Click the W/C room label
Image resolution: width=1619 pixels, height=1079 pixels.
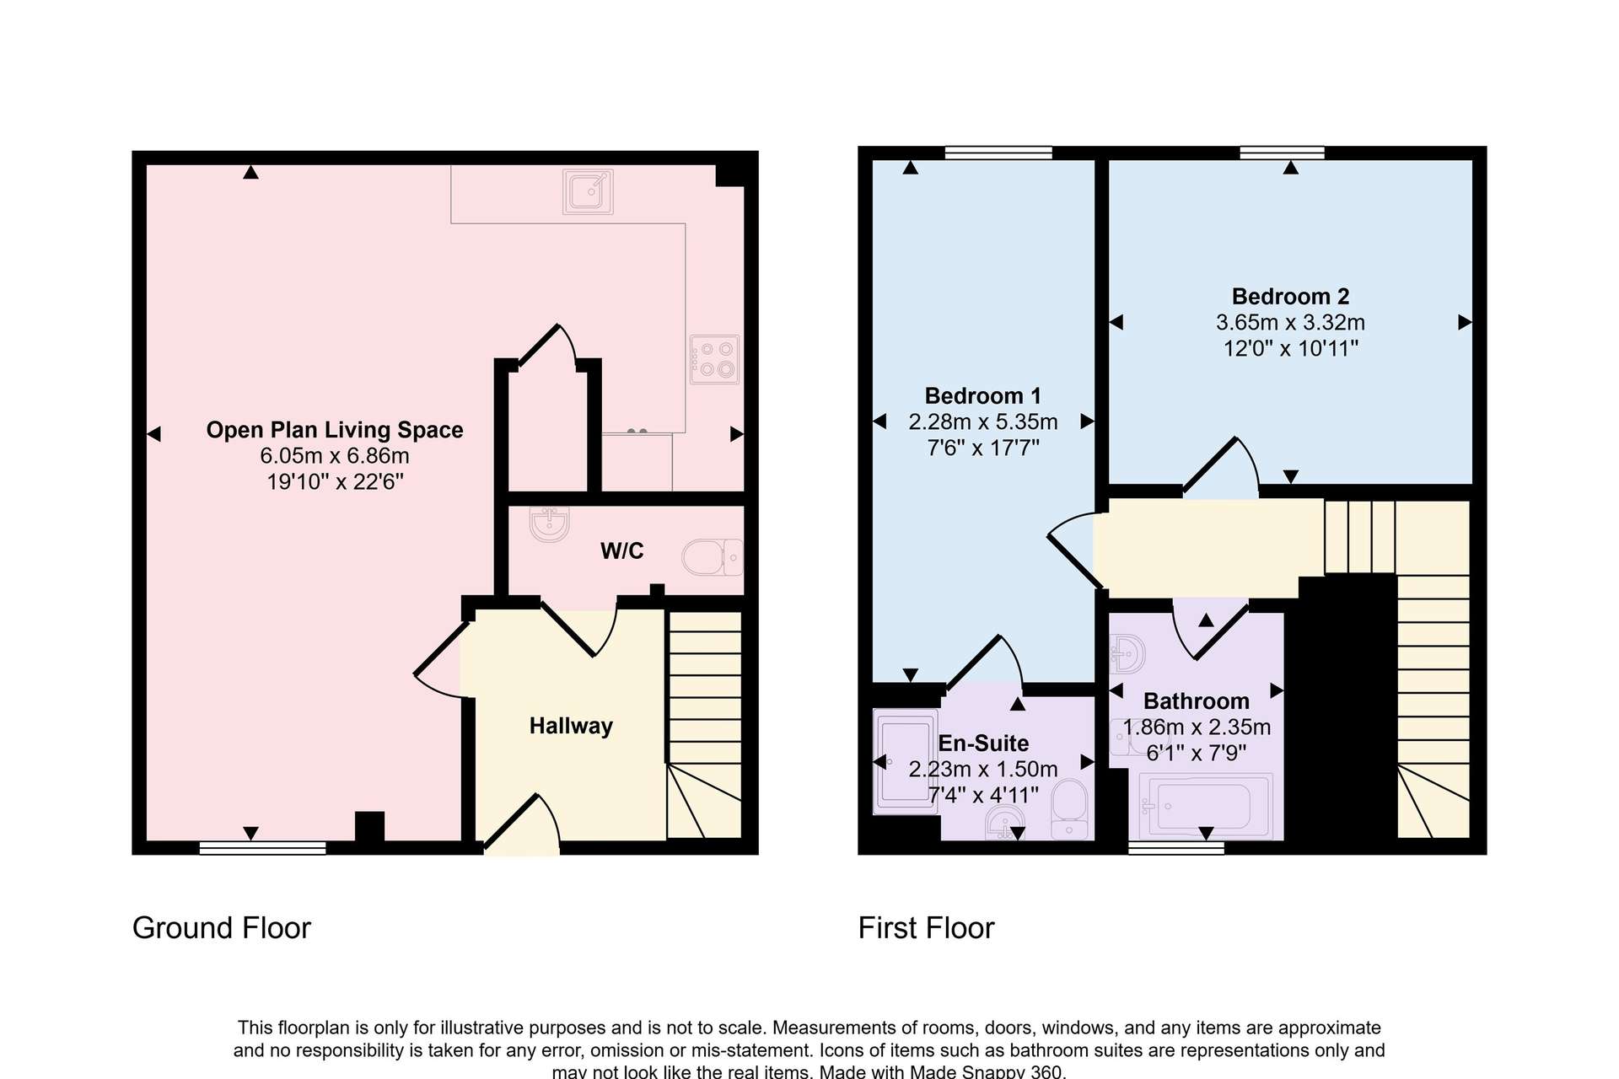click(622, 550)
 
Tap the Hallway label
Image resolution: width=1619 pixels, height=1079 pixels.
click(571, 726)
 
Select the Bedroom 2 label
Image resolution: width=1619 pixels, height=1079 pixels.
click(1290, 297)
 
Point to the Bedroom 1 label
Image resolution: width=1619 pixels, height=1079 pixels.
click(982, 396)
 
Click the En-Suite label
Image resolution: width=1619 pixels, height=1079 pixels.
click(983, 743)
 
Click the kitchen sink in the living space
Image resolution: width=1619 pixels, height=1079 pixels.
click(588, 191)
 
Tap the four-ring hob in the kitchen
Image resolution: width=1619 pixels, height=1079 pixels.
click(714, 359)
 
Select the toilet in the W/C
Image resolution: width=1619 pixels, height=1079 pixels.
click(712, 557)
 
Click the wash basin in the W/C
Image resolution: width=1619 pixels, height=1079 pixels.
click(550, 523)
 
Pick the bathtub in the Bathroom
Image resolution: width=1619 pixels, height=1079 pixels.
click(1205, 806)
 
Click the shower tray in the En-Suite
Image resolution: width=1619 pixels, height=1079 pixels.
click(906, 762)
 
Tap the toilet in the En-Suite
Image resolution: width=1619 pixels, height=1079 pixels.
click(1070, 809)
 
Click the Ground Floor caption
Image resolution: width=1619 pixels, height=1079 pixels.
click(222, 928)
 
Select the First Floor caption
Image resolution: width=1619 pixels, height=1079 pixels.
click(926, 928)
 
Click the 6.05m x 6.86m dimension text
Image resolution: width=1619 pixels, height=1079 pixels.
click(335, 456)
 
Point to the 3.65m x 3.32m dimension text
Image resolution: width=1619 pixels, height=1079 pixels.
click(1290, 322)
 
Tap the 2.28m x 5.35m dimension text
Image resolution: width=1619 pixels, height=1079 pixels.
click(982, 421)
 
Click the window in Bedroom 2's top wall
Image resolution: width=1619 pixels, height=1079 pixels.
click(1282, 153)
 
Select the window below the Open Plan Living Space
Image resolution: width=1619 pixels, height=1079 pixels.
click(262, 848)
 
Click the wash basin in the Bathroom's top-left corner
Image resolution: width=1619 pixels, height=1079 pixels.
click(1127, 653)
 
